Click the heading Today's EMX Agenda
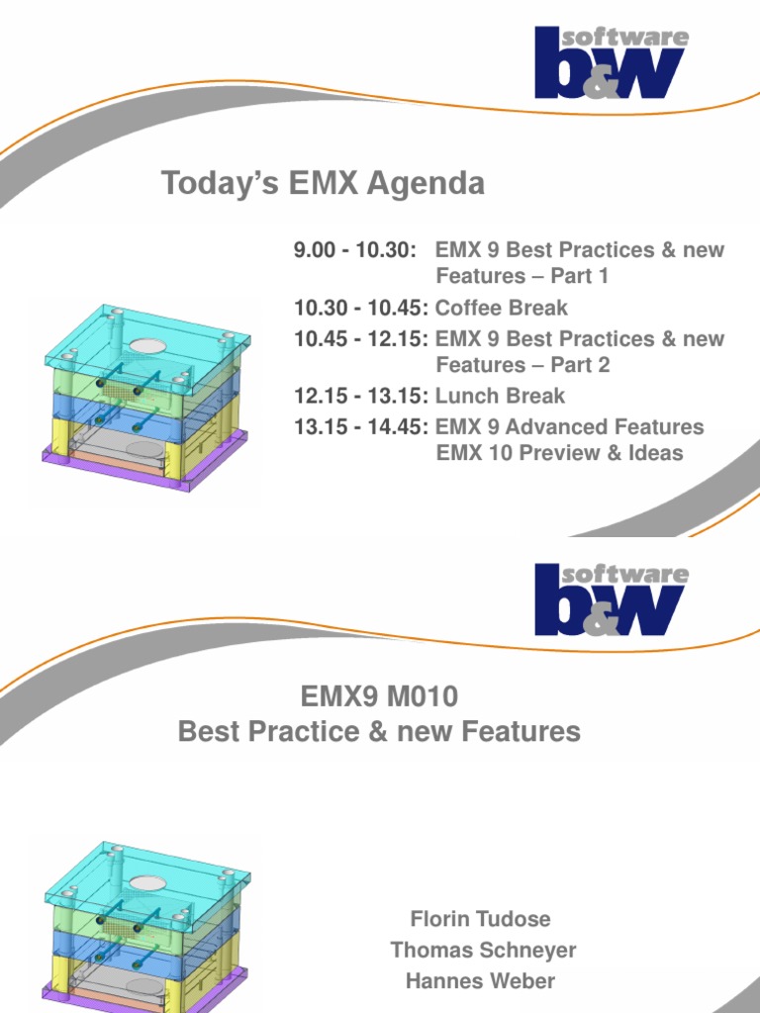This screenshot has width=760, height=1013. tap(323, 184)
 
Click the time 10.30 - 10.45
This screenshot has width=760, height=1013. tap(361, 308)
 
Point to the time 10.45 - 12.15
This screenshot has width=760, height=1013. tap(361, 339)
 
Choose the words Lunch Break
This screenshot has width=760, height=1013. tap(500, 396)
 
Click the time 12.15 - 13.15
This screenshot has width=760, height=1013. tap(361, 396)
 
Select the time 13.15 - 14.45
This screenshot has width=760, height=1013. tap(361, 427)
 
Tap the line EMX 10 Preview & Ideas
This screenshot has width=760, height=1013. tap(559, 453)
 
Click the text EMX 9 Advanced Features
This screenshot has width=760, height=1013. tap(569, 427)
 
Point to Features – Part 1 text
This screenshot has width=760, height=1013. tap(522, 276)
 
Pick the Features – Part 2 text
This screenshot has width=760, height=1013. tap(522, 365)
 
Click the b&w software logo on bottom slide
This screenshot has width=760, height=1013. tap(611, 599)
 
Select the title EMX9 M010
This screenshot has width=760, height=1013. tap(379, 698)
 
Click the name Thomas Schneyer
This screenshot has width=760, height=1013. tap(482, 951)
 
